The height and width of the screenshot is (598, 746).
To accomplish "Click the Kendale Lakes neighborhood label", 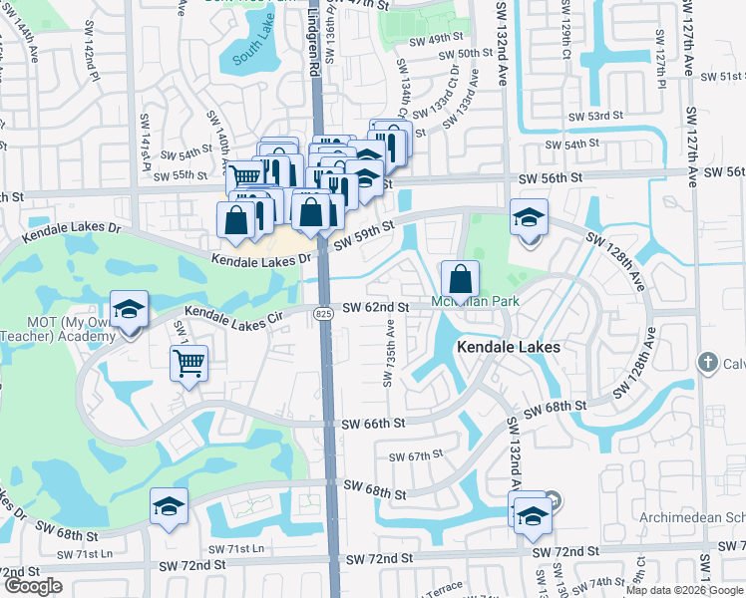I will pyautogui.click(x=508, y=347).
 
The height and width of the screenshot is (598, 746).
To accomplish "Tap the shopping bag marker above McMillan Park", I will pyautogui.click(x=460, y=278).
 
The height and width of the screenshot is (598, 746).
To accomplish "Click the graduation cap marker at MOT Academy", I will pyautogui.click(x=129, y=310).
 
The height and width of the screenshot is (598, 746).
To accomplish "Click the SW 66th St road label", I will pyautogui.click(x=370, y=424).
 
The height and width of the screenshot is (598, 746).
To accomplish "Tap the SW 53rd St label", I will pyautogui.click(x=594, y=116).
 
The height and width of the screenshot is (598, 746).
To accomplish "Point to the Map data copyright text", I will pyautogui.click(x=685, y=589).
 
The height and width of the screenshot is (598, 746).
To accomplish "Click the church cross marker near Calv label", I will pyautogui.click(x=708, y=362).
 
